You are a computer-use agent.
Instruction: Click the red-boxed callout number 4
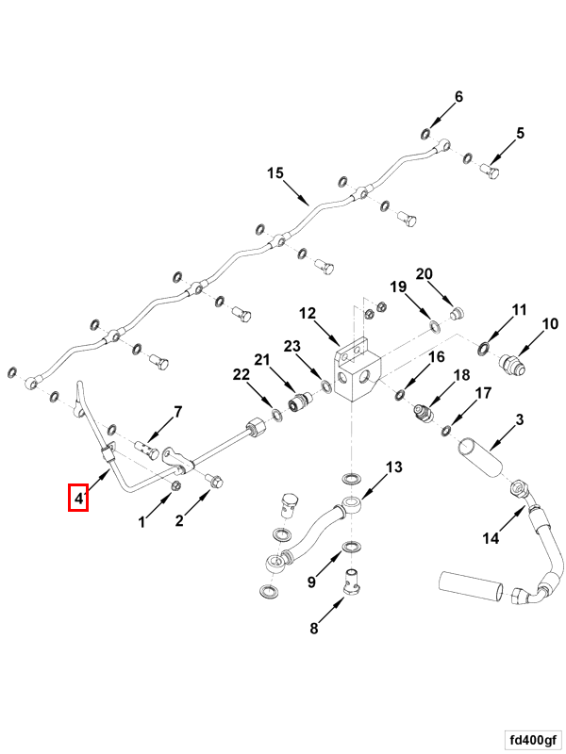tap(78, 497)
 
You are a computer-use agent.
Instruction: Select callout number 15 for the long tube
tap(275, 173)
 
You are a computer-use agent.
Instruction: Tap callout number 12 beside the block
tap(308, 313)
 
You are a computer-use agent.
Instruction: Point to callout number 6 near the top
tap(459, 97)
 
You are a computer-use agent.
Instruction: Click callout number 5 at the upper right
tap(519, 134)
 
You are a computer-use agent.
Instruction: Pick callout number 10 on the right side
tap(549, 324)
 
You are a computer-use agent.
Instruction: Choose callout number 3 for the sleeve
tap(519, 418)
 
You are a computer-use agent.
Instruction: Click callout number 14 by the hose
tap(491, 539)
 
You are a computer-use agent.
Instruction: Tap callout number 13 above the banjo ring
tap(393, 467)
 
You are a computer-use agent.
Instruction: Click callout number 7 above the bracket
tap(175, 413)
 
